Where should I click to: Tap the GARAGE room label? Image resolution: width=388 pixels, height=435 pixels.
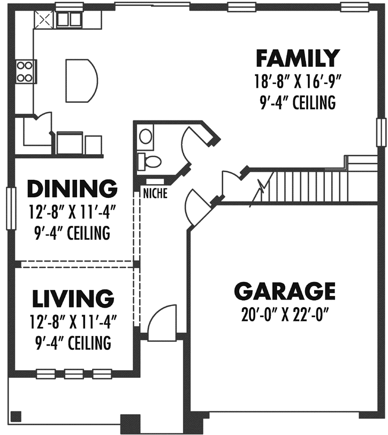click(x=285, y=291)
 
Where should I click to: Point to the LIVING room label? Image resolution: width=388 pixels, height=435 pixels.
click(x=72, y=297)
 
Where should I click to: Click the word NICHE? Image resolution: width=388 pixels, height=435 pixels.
click(x=155, y=194)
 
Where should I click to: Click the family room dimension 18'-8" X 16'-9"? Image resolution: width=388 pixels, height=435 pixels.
click(x=298, y=82)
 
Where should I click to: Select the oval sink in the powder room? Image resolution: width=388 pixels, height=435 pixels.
click(x=146, y=136)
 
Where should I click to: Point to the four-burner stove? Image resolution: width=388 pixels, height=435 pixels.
click(x=24, y=72)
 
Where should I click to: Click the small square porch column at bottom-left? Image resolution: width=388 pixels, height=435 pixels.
click(x=16, y=416)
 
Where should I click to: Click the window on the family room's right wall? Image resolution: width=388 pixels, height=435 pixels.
click(x=381, y=132)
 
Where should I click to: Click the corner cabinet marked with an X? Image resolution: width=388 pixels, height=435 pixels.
click(x=42, y=20)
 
